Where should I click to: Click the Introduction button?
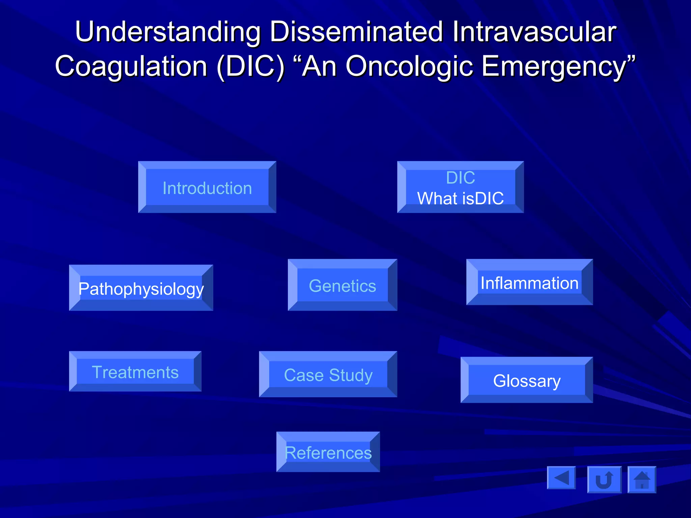207,188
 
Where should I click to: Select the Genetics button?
342,286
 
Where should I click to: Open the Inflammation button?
529,283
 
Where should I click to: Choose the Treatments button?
135,372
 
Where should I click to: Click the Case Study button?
328,375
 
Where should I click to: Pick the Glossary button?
527,380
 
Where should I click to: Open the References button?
328,452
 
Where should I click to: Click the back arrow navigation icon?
561,478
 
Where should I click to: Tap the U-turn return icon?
604,480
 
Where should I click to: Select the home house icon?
642,480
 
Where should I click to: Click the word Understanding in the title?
168,32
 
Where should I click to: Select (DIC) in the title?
251,66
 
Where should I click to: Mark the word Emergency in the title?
553,66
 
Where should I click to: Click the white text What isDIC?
461,198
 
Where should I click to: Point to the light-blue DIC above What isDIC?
461,178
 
